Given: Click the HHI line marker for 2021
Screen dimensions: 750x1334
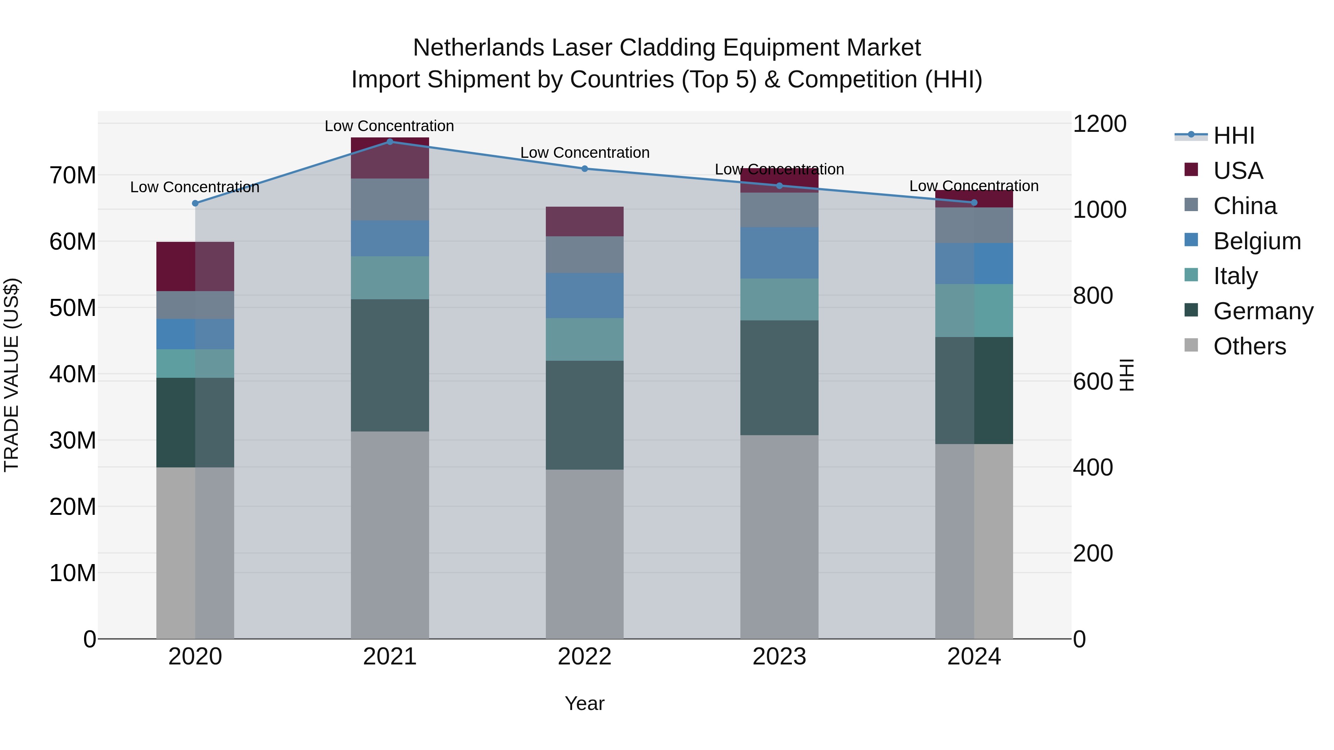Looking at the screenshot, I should (x=390, y=142).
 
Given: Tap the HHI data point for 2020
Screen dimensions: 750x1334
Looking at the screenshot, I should (x=195, y=203).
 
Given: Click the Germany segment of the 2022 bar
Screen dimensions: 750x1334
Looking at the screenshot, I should (x=585, y=415).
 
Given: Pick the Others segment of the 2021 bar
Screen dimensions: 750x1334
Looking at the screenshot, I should (x=390, y=535).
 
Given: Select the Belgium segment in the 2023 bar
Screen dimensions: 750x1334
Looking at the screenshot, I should (x=779, y=253).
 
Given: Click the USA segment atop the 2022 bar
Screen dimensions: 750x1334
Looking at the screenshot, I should (x=585, y=221).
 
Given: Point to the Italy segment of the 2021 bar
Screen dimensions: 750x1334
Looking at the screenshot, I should (x=390, y=278).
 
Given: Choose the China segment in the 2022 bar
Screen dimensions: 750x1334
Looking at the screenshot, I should (x=585, y=255).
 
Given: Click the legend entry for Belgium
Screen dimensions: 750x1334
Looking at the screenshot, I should (x=1257, y=241).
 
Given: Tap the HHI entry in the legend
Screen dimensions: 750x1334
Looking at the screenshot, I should (x=1234, y=136).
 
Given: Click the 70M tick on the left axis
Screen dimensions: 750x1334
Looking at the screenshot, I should (x=73, y=176).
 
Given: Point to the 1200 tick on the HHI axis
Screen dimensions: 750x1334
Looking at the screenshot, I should (x=1099, y=124).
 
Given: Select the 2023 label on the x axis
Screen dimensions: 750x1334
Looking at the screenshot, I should (x=779, y=657).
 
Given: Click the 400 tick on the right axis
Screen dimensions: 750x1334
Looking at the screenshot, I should (x=1093, y=467).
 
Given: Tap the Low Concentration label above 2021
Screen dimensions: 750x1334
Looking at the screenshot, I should (x=389, y=126).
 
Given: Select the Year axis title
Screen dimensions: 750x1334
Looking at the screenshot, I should (x=585, y=703).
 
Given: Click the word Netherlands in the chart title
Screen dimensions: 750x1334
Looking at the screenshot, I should (x=478, y=48).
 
